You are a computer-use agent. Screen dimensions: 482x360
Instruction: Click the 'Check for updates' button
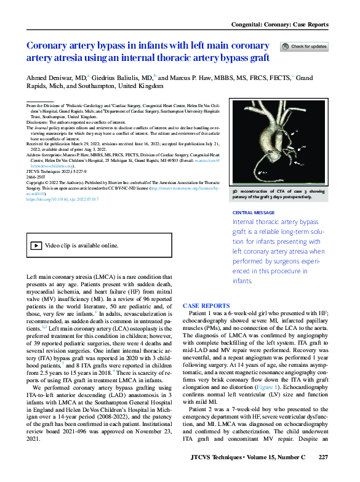pyautogui.click(x=304, y=47)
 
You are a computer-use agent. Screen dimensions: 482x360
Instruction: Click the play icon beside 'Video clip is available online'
pyautogui.click(x=37, y=245)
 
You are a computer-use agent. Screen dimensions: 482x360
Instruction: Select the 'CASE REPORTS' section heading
pyautogui.click(x=206, y=306)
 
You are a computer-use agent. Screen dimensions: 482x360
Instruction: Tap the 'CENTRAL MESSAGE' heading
pyautogui.click(x=254, y=213)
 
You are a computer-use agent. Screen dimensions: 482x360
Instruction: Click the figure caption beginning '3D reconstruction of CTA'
pyautogui.click(x=281, y=195)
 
